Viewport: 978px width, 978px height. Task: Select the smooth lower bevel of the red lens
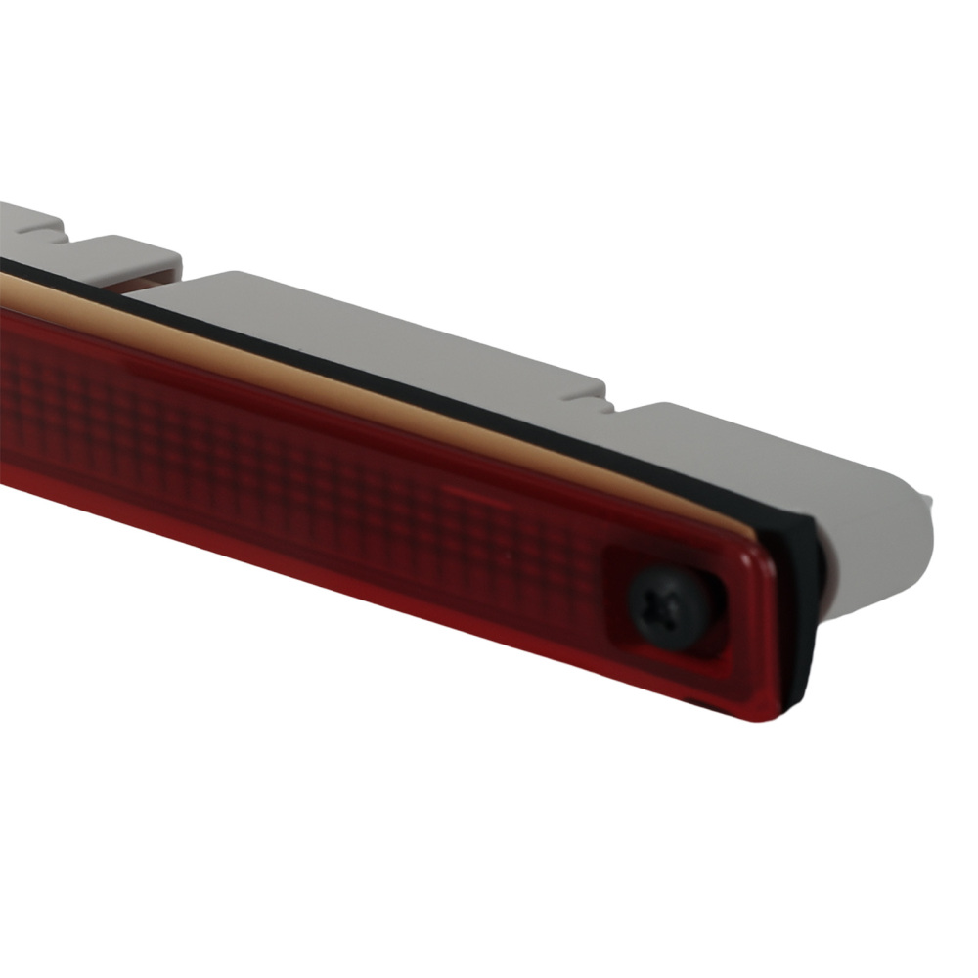391,597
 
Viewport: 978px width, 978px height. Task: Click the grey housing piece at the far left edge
20,220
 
